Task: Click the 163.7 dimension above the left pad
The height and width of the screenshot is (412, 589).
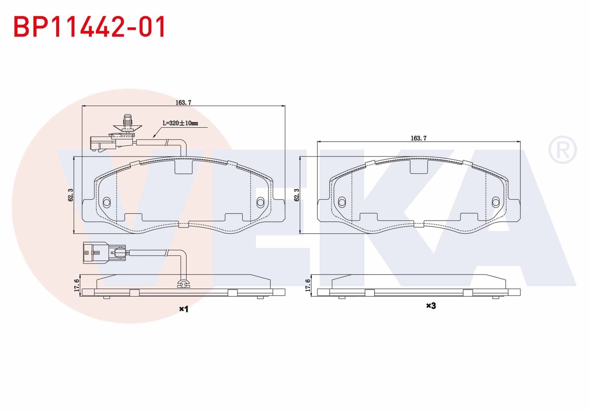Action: (x=183, y=103)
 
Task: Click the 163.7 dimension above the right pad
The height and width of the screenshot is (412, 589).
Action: (x=418, y=138)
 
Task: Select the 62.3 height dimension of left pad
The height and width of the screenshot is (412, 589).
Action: (x=71, y=195)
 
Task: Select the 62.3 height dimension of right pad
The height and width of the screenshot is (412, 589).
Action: (x=297, y=195)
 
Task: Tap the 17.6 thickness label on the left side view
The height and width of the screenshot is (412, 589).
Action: (x=77, y=285)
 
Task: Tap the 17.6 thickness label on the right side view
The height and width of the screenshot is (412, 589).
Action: (x=308, y=285)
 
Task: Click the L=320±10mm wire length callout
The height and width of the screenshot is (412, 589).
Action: (x=180, y=123)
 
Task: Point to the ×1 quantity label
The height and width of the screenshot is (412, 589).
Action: (x=183, y=309)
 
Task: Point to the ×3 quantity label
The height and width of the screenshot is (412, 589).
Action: (x=431, y=306)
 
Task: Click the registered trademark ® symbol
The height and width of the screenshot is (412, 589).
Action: (x=562, y=150)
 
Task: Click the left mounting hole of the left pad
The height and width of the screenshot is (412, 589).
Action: (x=107, y=202)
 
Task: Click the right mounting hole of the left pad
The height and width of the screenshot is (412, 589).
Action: (x=260, y=202)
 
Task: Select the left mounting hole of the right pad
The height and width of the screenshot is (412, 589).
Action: (x=342, y=202)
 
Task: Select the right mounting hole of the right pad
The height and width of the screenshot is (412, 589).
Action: (x=495, y=202)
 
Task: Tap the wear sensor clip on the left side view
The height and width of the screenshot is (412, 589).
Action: (x=183, y=284)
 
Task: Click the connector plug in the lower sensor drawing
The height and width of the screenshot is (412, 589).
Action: (x=95, y=253)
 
